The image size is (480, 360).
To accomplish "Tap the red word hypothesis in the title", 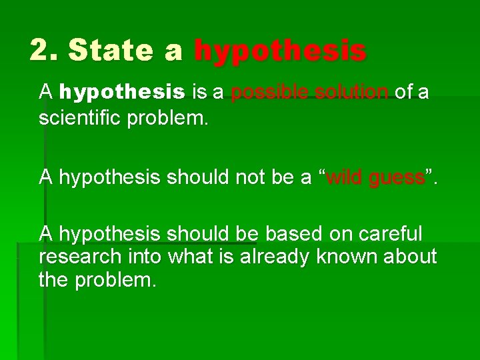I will pyautogui.click(x=280, y=51).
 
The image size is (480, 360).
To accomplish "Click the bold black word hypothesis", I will pyautogui.click(x=122, y=93).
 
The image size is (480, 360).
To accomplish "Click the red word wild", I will pyautogui.click(x=346, y=177).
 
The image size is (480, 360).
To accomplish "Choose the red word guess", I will pyautogui.click(x=397, y=177).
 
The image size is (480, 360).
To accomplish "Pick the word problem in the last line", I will pyautogui.click(x=115, y=279).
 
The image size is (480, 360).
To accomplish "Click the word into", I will pyautogui.click(x=144, y=256).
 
